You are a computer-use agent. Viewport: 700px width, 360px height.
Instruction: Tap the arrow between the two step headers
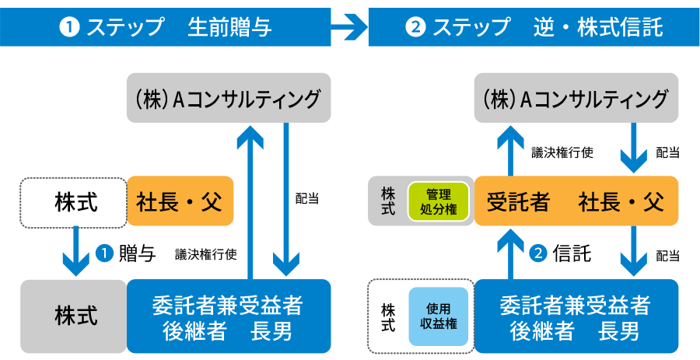click(350, 29)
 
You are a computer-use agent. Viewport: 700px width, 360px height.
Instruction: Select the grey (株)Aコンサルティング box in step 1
click(228, 99)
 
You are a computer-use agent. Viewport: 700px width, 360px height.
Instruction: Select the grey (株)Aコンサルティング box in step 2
click(576, 99)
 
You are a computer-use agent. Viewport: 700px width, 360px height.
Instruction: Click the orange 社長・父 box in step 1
click(180, 201)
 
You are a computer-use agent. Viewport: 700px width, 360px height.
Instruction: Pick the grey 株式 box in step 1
click(75, 316)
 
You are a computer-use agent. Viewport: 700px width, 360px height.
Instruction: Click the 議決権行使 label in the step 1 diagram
click(205, 253)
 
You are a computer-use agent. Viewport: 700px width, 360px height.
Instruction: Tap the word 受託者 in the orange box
click(518, 202)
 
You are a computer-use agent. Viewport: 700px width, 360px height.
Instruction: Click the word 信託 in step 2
click(572, 254)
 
